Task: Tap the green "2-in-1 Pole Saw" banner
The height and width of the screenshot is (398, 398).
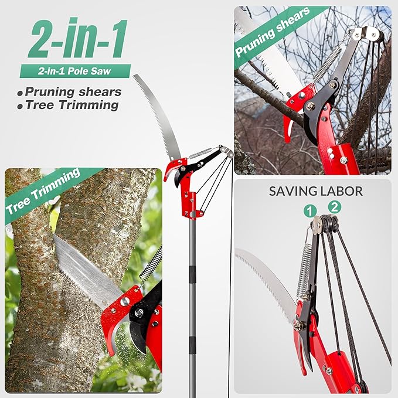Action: pyautogui.click(x=74, y=72)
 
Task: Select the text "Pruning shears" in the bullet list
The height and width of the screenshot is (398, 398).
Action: pyautogui.click(x=73, y=91)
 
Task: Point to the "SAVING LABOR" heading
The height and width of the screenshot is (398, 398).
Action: pyautogui.click(x=315, y=191)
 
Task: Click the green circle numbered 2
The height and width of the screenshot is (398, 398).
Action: pyautogui.click(x=335, y=206)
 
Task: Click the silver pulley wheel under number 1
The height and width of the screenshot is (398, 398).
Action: pyautogui.click(x=317, y=223)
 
